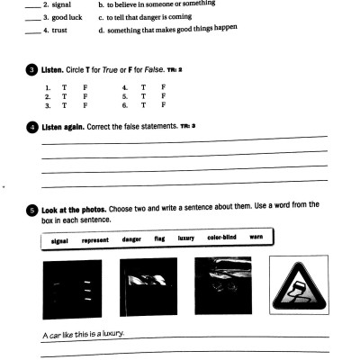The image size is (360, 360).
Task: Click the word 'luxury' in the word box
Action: point(186,239)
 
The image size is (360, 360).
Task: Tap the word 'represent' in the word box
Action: point(95,240)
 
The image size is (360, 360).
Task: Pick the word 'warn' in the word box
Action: point(256,238)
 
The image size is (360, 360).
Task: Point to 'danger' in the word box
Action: point(132,240)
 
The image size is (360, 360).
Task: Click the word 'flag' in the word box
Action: point(160,240)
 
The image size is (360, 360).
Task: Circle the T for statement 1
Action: point(63,87)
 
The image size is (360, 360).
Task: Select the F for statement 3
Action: point(85,105)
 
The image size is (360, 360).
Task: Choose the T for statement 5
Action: point(142,96)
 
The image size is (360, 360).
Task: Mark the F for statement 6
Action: point(163,105)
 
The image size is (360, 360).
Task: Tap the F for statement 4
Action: point(163,87)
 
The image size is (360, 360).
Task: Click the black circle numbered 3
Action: point(32,69)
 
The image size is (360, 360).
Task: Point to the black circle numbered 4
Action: point(32,128)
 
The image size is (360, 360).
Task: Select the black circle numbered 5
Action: point(32,209)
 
